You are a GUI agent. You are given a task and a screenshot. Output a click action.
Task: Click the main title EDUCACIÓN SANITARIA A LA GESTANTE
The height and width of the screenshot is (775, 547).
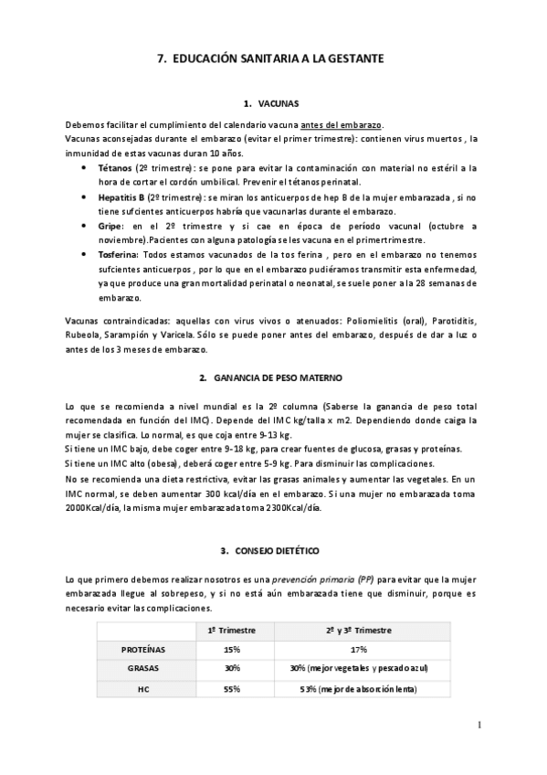(x=273, y=58)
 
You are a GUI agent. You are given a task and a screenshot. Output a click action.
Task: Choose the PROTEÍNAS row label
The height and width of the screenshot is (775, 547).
(x=143, y=649)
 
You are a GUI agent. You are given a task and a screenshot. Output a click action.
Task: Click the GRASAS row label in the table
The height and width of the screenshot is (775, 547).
(x=143, y=668)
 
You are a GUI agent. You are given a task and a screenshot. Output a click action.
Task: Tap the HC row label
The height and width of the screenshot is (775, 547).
(x=143, y=688)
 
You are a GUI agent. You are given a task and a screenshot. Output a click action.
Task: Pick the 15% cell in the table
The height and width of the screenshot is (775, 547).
(x=231, y=649)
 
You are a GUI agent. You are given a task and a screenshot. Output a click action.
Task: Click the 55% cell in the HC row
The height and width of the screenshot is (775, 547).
(x=231, y=688)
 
